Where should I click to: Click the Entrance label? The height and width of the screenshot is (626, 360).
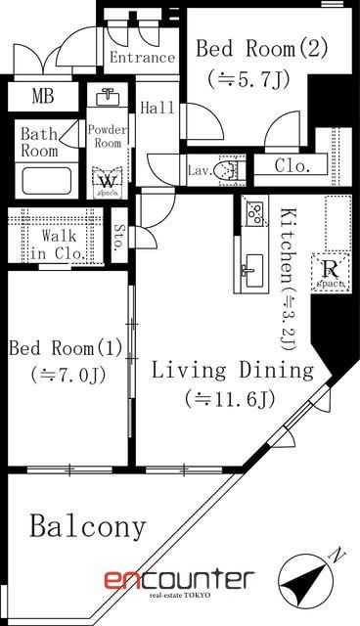click(142, 58)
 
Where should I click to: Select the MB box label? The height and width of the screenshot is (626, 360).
click(43, 97)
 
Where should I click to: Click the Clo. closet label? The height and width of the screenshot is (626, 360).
click(292, 165)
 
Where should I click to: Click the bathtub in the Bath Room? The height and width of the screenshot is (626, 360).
click(51, 181)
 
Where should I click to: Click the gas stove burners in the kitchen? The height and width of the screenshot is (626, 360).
click(254, 211)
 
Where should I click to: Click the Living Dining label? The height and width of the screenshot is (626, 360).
click(233, 371)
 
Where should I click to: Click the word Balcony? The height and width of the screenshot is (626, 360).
click(87, 527)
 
